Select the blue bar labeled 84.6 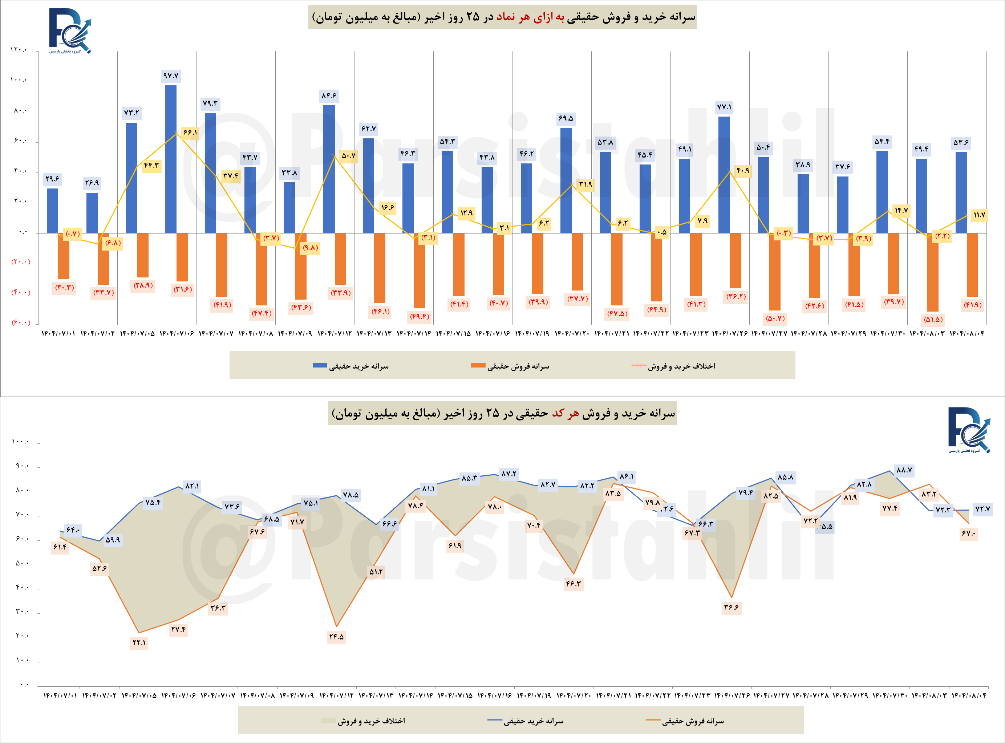tap(329, 169)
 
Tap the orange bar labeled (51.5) tap(933, 272)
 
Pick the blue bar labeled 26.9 tap(92, 213)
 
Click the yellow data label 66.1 tap(190, 133)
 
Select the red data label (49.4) tap(419, 317)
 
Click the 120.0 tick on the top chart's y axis tap(19, 50)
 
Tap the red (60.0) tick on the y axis tap(21, 322)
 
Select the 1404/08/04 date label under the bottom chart tap(969, 696)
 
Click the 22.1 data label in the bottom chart tap(139, 643)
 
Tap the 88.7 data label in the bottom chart tap(904, 470)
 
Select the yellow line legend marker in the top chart tap(639, 366)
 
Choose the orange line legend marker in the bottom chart tap(652, 720)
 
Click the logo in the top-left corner tap(70, 31)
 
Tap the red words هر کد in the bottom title tap(565, 414)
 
